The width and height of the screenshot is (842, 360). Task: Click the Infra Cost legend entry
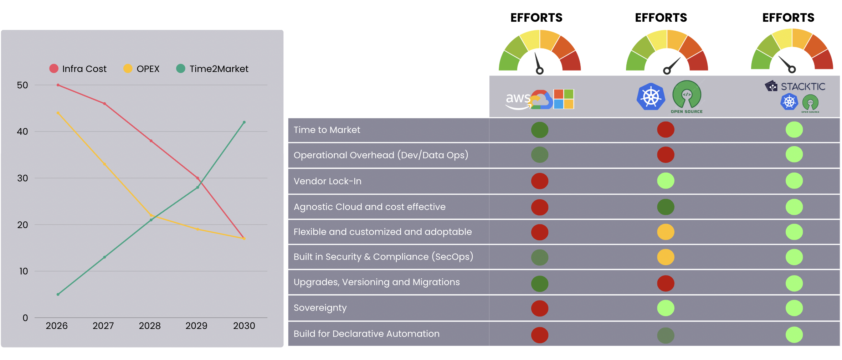pos(78,69)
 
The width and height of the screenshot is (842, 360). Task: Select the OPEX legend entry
pos(142,69)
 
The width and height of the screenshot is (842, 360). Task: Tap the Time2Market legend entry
pos(212,69)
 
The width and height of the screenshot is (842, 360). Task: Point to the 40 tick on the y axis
pos(22,132)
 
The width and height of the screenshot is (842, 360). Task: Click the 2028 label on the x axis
pos(150,326)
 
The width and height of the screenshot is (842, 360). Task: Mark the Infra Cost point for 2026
pos(58,85)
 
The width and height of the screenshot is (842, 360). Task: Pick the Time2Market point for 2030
pos(244,122)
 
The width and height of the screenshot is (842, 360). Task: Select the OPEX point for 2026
pos(58,113)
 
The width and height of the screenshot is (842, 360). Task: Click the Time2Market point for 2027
pos(104,257)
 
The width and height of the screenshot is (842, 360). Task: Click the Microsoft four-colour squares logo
pos(564,99)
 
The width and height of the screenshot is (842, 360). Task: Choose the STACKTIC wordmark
pos(803,87)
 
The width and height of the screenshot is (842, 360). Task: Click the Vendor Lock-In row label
pos(327,181)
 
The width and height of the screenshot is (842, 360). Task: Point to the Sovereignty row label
pos(320,308)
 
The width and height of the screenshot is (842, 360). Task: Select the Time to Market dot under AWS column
pos(540,130)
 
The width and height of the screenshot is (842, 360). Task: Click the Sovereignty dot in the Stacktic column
pos(794,308)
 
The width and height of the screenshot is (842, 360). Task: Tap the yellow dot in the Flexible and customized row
pos(666,232)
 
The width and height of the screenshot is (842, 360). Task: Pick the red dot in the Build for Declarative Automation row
pos(540,335)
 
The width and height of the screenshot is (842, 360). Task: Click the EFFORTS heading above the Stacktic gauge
pos(788,18)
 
